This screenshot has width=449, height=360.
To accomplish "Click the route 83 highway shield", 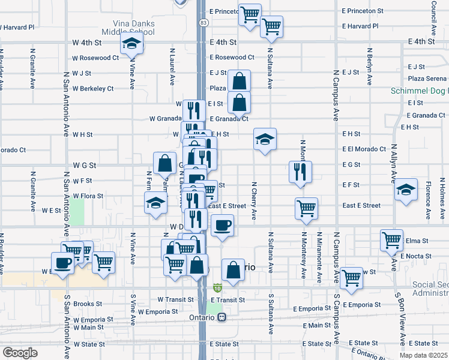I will [204, 22].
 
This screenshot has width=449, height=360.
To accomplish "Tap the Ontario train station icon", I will [221, 317].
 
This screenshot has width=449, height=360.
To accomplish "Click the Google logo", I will [20, 353].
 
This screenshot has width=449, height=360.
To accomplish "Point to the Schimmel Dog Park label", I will [418, 90].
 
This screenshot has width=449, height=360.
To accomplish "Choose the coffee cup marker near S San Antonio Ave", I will [62, 262].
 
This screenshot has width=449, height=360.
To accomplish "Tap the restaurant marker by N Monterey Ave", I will [300, 171].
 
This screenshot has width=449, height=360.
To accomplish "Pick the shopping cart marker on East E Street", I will [306, 208].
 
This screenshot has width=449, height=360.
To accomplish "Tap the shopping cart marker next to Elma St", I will [391, 239].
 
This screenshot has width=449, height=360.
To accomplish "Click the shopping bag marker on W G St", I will [164, 162].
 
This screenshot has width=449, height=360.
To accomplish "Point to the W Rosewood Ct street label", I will [95, 58].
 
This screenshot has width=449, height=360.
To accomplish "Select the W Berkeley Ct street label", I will [93, 88].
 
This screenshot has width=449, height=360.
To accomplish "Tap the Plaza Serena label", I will [427, 79].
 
